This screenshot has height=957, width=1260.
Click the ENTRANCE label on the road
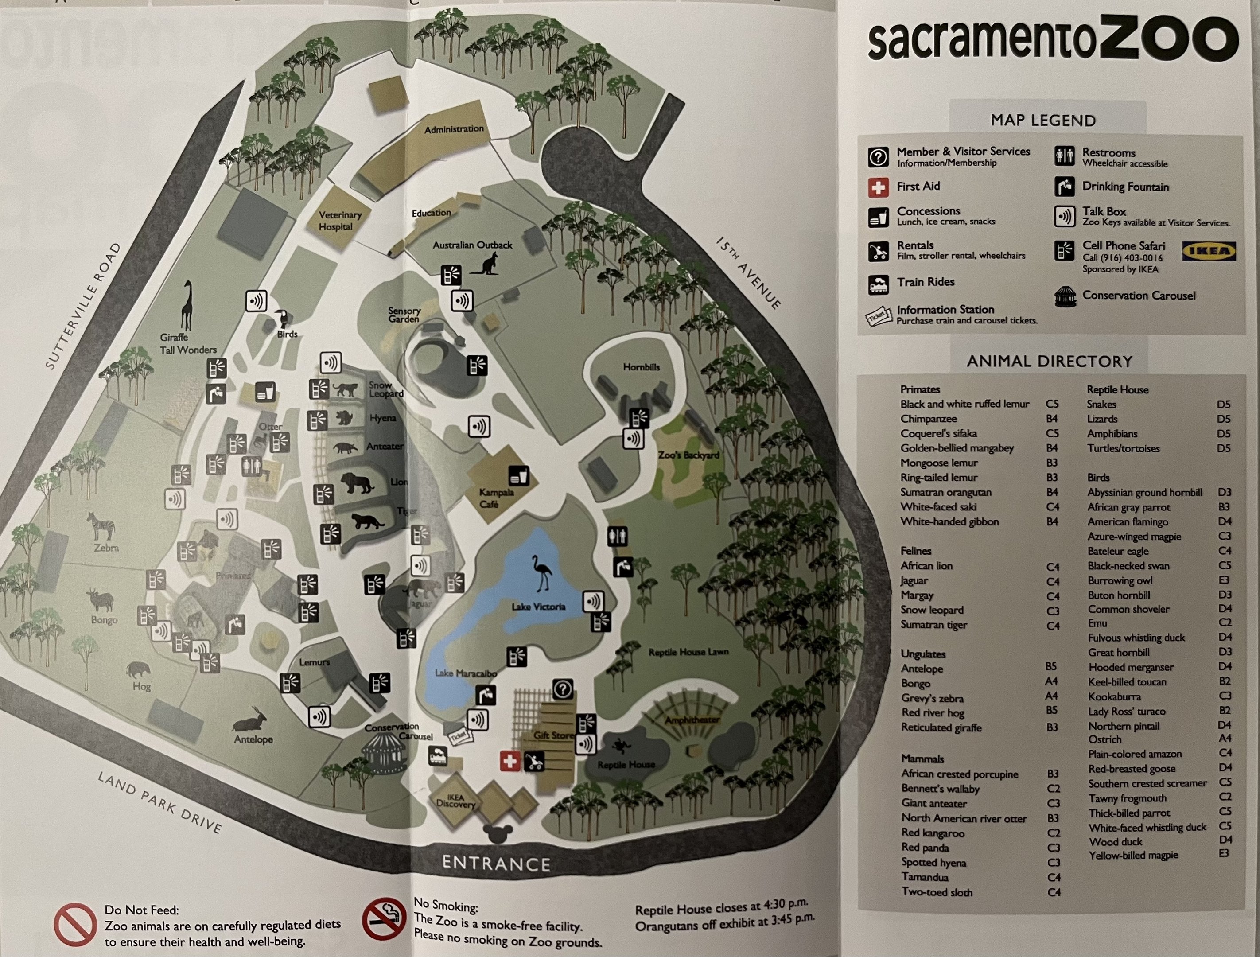[x=496, y=864]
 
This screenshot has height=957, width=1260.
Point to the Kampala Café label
[x=496, y=498]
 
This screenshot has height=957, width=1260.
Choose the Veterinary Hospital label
[x=339, y=221]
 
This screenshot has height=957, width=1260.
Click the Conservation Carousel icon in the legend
[x=1065, y=296]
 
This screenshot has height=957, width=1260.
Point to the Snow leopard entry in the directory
[x=932, y=610]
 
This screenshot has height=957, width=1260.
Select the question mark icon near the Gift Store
[x=562, y=690]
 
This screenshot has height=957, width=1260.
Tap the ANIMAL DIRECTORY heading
[x=1049, y=361]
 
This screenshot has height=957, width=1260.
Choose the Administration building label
[x=453, y=129]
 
